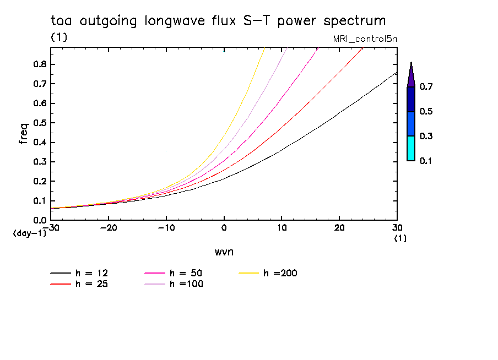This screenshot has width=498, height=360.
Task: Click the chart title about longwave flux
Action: (x=218, y=21)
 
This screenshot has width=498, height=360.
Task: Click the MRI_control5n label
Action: (x=364, y=39)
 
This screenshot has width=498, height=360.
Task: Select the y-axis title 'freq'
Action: (x=24, y=133)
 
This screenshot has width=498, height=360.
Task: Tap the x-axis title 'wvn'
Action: (x=224, y=252)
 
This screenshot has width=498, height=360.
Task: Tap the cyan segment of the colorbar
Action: (x=410, y=148)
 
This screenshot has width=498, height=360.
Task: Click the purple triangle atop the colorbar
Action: (x=410, y=76)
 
